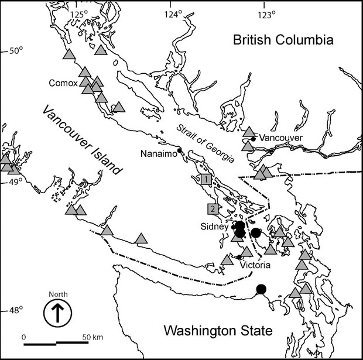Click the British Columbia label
[283, 40]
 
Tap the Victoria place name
[255, 265]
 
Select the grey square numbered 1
[206, 179]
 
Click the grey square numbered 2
[213, 208]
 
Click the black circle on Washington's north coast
[261, 288]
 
